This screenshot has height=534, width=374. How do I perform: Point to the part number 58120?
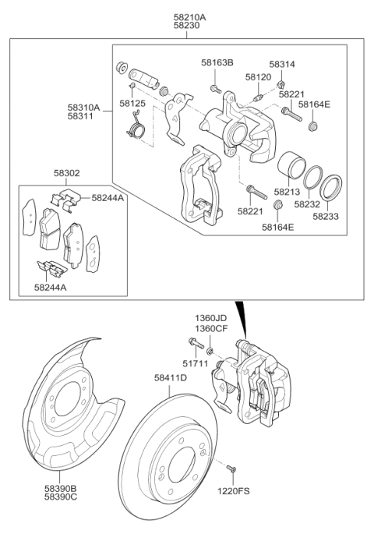(x=259, y=78)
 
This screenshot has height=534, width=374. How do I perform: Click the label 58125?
(x=133, y=101)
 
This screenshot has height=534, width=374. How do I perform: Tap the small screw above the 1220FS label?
(x=231, y=468)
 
